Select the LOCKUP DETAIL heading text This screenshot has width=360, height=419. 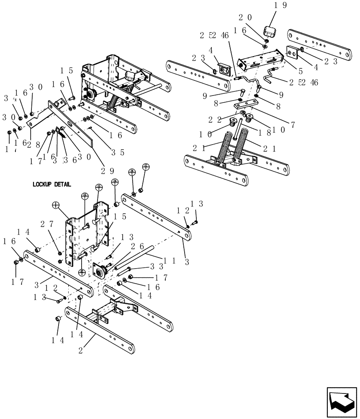51,184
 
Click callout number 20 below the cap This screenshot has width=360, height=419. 246,18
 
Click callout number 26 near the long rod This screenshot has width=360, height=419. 137,247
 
